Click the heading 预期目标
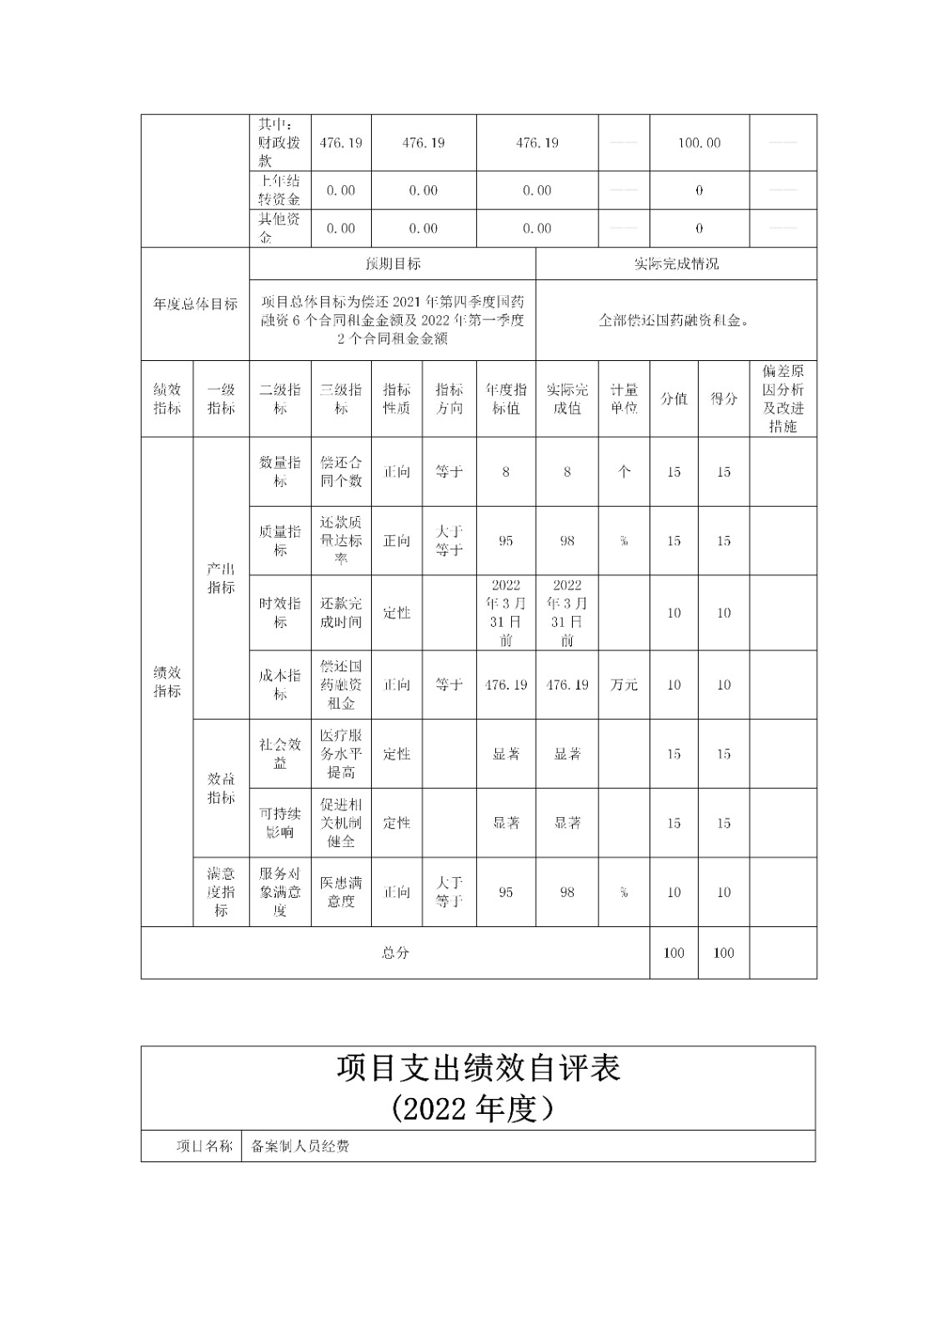coord(393,263)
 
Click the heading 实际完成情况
coord(676,263)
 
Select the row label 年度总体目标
coord(195,304)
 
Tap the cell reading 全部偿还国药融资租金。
coord(675,320)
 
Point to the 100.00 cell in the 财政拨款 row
coord(699,143)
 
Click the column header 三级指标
coord(341,399)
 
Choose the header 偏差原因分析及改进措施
coord(783,399)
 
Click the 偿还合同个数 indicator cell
coord(341,472)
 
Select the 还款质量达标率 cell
coord(341,540)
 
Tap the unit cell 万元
coord(624,685)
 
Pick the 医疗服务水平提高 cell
coord(341,754)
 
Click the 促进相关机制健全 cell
coord(341,823)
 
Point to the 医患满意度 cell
coord(341,892)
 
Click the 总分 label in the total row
coord(395,953)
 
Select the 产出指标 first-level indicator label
coord(221,578)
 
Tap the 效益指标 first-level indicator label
coord(221,788)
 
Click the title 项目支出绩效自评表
coord(479,1068)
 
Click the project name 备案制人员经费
coord(300,1146)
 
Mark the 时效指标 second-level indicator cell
coord(280,613)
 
